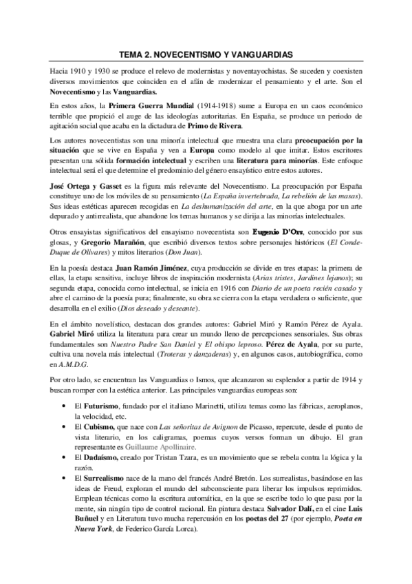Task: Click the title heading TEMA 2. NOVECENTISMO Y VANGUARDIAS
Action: click(206, 53)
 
